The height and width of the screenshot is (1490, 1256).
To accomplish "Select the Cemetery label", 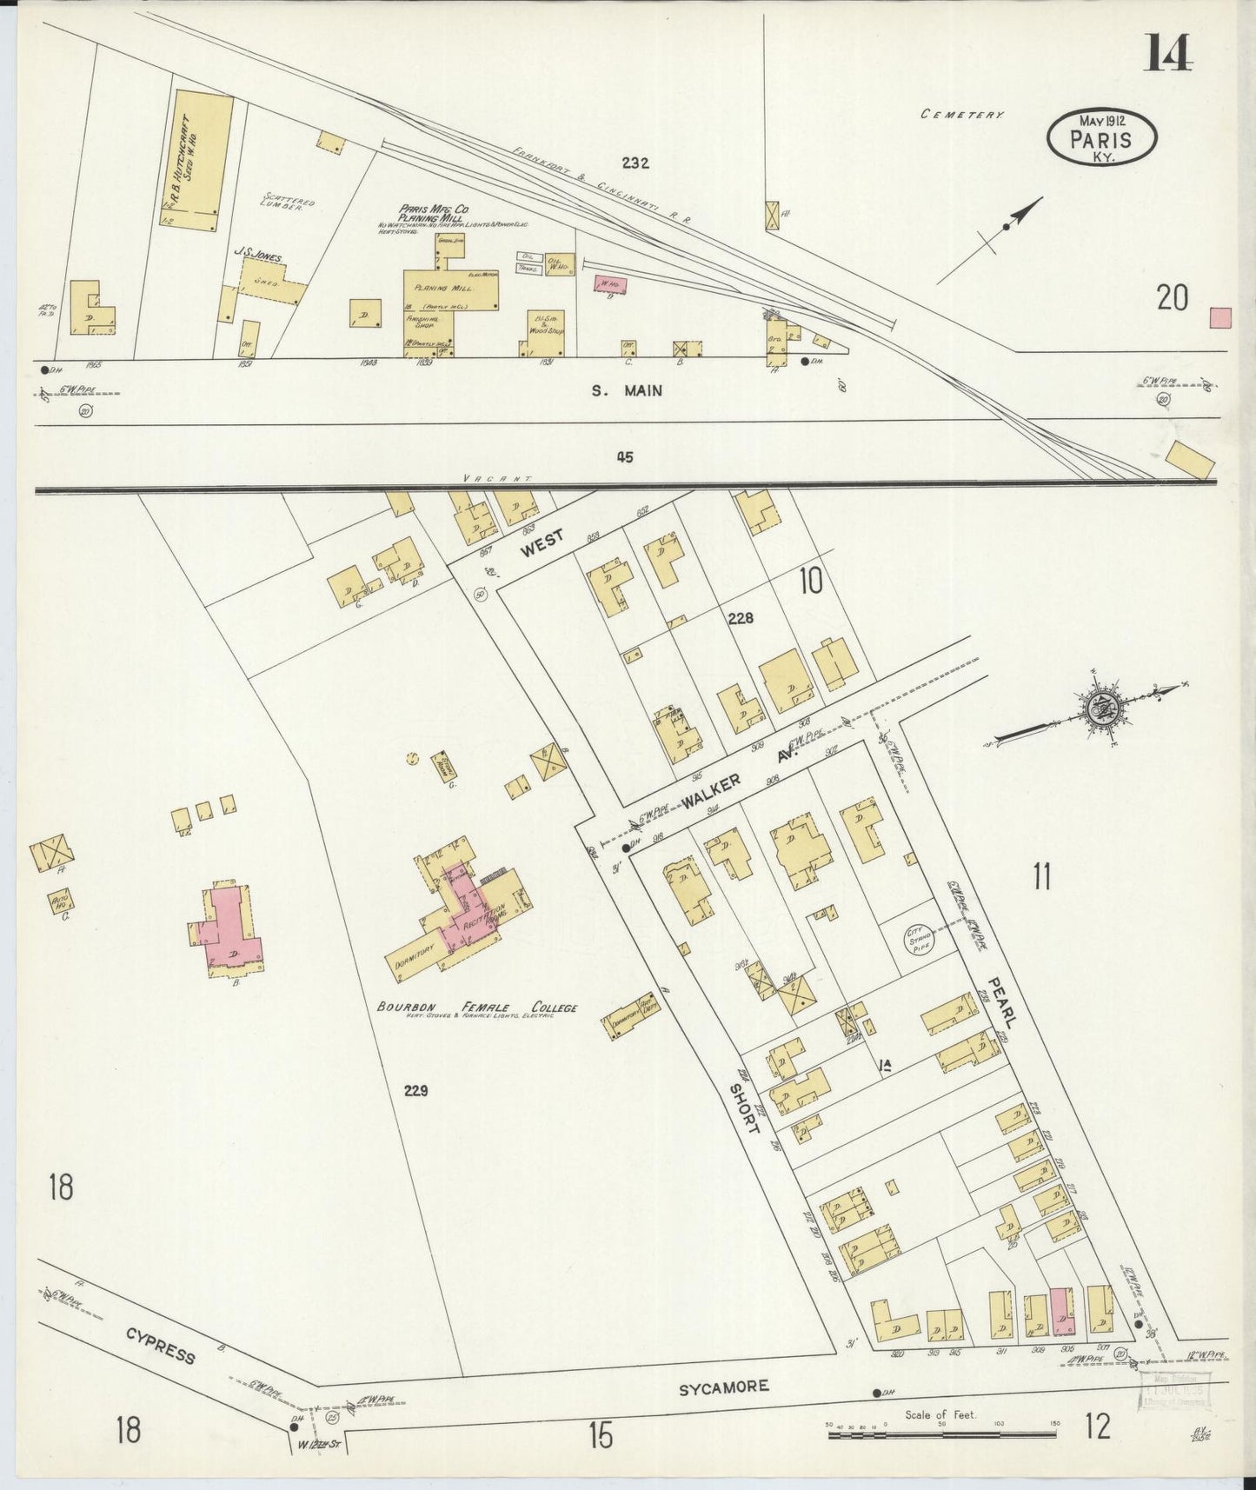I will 963,114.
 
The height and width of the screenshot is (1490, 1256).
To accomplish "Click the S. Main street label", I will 626,391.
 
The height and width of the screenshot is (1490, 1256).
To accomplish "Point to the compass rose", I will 1102,708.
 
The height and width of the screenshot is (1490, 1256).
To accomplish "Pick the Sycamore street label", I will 723,1387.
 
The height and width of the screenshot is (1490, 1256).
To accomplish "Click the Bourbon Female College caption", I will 476,1008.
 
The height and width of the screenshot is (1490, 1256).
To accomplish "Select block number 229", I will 415,1090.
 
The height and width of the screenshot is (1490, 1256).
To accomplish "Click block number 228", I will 741,618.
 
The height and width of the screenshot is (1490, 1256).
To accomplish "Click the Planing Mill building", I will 449,292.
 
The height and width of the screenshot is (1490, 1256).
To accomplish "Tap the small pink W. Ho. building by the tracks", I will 608,283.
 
